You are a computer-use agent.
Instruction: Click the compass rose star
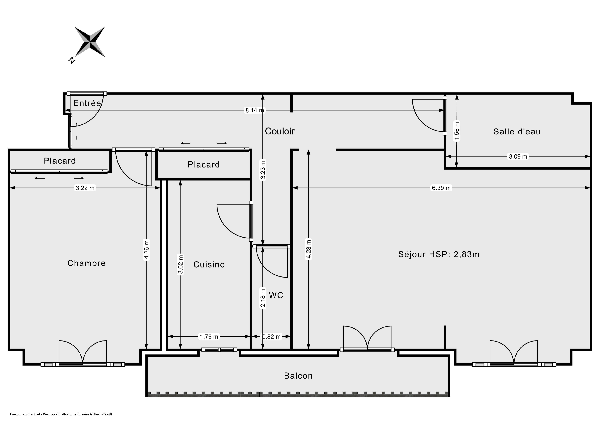[90, 42]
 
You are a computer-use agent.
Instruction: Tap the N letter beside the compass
[72, 60]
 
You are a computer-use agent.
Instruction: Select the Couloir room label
[280, 131]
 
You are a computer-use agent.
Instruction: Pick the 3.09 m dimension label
[518, 156]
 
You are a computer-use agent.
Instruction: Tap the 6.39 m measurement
[441, 188]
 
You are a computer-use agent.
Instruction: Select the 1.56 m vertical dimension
[457, 131]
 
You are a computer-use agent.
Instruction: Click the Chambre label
[87, 263]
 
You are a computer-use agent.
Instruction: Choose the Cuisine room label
[209, 265]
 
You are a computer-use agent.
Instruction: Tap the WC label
[276, 295]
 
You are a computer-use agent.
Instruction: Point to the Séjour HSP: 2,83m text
[439, 254]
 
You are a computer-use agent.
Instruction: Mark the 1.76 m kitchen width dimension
[209, 337]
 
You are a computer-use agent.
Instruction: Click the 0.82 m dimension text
[272, 337]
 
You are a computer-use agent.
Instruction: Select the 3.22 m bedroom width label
[85, 188]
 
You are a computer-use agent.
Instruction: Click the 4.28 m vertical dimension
[309, 249]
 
